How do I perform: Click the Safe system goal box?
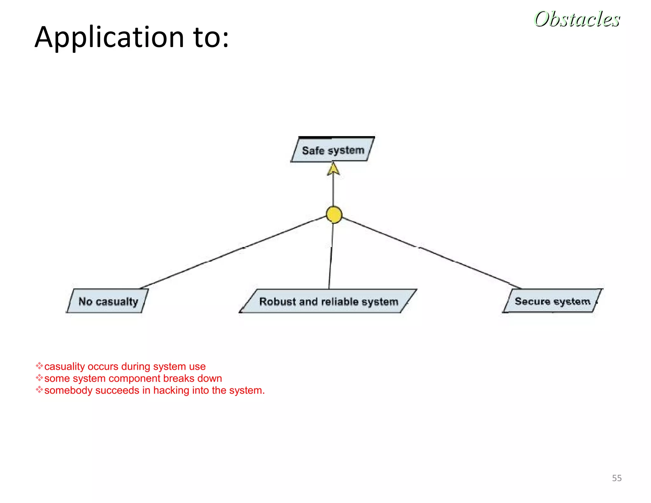tap(332, 150)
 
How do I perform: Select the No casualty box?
tap(108, 301)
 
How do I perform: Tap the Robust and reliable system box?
tap(328, 301)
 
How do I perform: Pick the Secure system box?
tap(552, 301)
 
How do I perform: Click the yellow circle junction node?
tap(334, 215)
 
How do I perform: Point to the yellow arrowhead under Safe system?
tap(333, 169)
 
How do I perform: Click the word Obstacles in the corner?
tap(577, 19)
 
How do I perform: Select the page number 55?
tap(617, 478)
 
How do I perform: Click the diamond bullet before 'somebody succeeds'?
tap(39, 390)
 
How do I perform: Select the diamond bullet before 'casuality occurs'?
tap(39, 366)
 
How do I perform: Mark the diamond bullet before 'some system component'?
tap(39, 378)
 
